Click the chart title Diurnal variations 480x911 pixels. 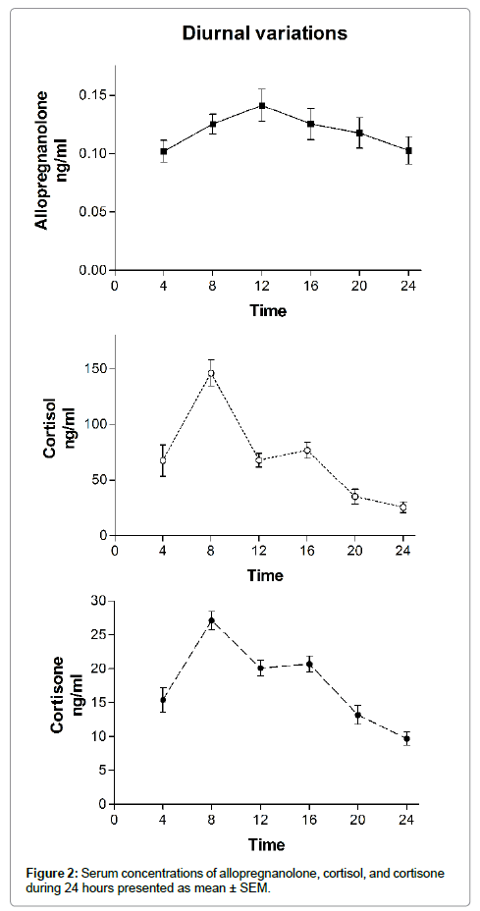pyautogui.click(x=265, y=33)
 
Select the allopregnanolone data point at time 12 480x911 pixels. pyautogui.click(x=262, y=106)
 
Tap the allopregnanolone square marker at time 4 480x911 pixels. pyautogui.click(x=164, y=151)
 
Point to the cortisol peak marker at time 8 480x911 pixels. pyautogui.click(x=211, y=374)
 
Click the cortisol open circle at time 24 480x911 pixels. pyautogui.click(x=402, y=508)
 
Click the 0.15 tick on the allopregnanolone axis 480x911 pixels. pyautogui.click(x=96, y=95)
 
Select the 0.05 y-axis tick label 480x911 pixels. pyautogui.click(x=96, y=212)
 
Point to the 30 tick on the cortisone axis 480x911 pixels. pyautogui.click(x=103, y=601)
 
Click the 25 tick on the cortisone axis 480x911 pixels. pyautogui.click(x=103, y=634)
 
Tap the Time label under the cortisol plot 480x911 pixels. pyautogui.click(x=266, y=576)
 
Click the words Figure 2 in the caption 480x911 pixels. pyautogui.click(x=52, y=874)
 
